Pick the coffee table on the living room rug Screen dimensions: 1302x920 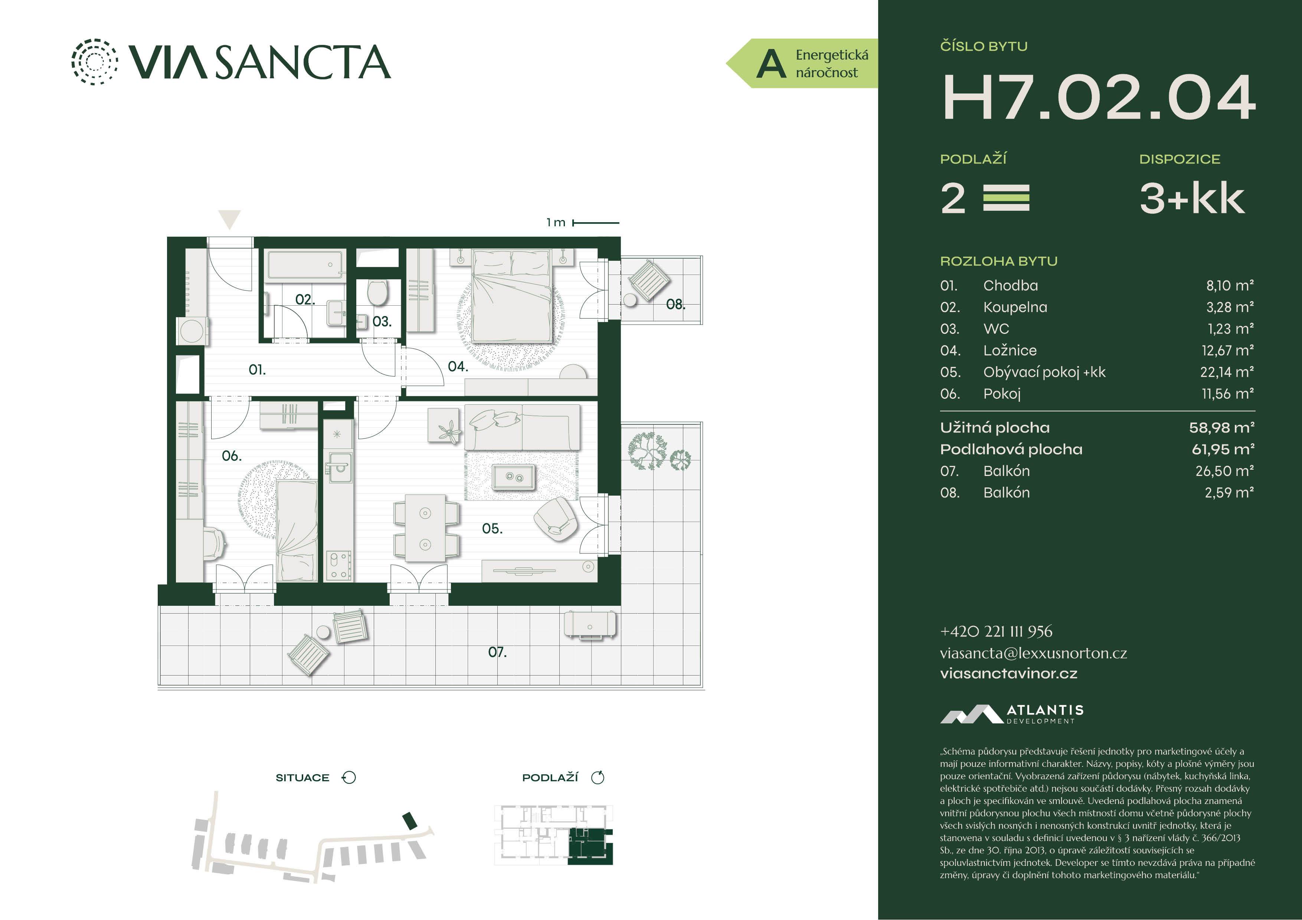[x=513, y=477]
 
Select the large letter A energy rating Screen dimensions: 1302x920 [x=771, y=64]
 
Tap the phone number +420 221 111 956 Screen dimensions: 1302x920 [x=996, y=631]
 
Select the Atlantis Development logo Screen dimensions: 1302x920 [x=1012, y=714]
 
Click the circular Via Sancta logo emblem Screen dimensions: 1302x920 [x=95, y=62]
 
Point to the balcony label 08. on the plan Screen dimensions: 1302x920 [x=675, y=305]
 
